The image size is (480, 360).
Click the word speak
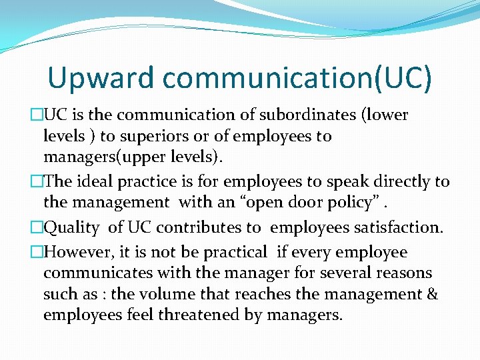pyautogui.click(x=334, y=181)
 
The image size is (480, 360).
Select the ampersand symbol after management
pyautogui.click(x=431, y=294)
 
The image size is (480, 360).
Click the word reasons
pyautogui.click(x=409, y=273)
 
